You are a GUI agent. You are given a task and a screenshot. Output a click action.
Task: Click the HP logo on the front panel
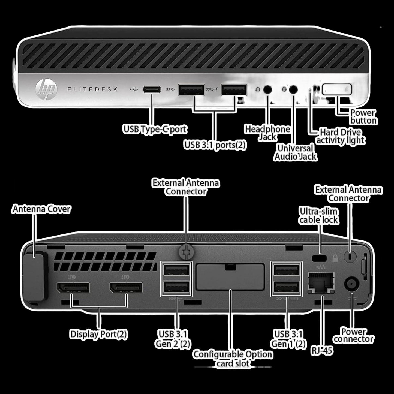point(46,89)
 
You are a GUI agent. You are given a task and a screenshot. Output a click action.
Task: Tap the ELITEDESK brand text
point(92,89)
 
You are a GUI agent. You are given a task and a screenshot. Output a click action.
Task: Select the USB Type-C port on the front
point(152,89)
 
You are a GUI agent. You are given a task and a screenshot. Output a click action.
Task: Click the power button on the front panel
point(337,89)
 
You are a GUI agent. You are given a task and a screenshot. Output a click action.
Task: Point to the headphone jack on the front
point(268,89)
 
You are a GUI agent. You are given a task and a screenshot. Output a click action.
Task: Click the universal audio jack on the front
point(293,89)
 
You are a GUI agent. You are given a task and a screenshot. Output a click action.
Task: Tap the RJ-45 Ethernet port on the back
point(321,282)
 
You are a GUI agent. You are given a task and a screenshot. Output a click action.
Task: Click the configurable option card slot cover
point(230,277)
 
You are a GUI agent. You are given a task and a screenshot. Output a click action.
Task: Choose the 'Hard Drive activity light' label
point(340,136)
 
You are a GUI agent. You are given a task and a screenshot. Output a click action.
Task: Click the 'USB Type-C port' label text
point(155,129)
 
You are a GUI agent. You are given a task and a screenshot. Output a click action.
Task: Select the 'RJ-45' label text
point(322,350)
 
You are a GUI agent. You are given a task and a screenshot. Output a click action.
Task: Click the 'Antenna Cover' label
point(41,209)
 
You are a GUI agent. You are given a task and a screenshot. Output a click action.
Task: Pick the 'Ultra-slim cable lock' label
point(318,215)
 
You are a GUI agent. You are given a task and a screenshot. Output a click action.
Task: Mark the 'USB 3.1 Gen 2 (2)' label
point(173,339)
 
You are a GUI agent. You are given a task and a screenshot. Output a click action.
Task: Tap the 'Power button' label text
point(363,117)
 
